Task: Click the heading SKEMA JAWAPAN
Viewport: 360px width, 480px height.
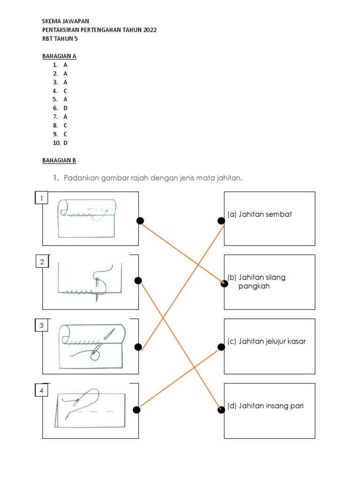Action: (66, 22)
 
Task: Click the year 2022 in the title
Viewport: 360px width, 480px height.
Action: (147, 30)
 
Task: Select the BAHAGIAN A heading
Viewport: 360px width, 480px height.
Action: (59, 56)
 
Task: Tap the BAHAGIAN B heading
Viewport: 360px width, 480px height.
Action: (59, 160)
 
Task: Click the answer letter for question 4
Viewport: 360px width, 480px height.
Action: (66, 91)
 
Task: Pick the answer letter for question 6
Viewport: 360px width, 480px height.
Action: (66, 108)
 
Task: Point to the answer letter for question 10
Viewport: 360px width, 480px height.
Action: (66, 143)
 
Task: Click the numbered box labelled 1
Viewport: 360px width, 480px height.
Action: (42, 199)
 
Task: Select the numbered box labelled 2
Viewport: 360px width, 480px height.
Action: (42, 262)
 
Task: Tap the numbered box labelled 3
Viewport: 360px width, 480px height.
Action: (42, 326)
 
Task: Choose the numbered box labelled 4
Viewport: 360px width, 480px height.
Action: (42, 390)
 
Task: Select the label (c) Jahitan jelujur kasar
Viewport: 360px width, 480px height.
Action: (266, 341)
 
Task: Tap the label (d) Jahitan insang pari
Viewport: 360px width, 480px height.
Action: (265, 405)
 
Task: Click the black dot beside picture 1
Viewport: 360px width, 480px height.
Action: (140, 221)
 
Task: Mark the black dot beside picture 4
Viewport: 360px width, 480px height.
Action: (136, 410)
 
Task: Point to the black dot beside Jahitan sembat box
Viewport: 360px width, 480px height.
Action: (221, 221)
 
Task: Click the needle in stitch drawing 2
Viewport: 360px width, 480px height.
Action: (97, 289)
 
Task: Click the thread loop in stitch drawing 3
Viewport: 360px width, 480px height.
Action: (95, 356)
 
